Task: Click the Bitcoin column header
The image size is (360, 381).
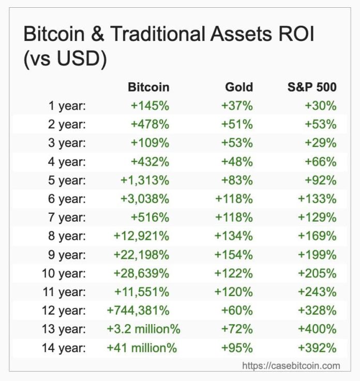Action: pos(148,87)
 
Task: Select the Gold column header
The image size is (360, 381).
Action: pos(239,87)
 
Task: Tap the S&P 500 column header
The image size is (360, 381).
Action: pos(312,87)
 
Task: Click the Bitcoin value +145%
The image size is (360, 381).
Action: pos(150,106)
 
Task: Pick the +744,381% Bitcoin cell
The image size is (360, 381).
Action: pos(138,311)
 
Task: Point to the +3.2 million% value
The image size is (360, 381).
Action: pos(144,329)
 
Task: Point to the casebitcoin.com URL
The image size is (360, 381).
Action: pos(292,365)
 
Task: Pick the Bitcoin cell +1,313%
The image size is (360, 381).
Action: pos(145,180)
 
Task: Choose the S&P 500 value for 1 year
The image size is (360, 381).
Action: pos(321,106)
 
